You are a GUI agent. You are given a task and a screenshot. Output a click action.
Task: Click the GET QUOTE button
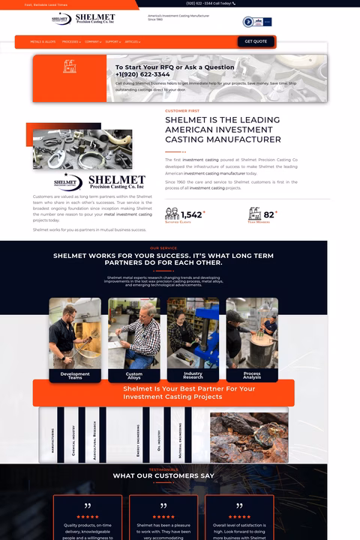(255, 41)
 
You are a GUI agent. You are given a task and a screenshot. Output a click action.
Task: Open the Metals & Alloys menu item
(43, 42)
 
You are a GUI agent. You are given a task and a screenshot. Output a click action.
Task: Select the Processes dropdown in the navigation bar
(71, 42)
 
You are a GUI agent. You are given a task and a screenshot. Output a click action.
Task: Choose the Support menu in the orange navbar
(112, 42)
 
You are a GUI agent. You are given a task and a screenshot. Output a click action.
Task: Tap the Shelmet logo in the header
(83, 19)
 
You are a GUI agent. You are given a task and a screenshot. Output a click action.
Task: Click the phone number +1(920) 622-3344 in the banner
(142, 74)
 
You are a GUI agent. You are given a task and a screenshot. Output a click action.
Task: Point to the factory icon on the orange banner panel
(70, 67)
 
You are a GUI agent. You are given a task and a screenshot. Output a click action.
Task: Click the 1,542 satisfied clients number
(191, 214)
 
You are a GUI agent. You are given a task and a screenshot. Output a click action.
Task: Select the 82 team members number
(268, 214)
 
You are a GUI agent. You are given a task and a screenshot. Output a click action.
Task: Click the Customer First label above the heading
(182, 111)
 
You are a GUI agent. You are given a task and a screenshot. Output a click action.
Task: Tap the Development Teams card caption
(75, 375)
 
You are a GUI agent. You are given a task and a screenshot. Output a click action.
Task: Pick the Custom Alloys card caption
(133, 375)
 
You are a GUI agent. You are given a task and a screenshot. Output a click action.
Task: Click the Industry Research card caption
(193, 375)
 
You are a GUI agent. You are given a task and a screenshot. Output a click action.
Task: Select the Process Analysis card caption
(252, 375)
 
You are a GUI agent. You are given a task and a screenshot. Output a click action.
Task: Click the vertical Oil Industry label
(159, 436)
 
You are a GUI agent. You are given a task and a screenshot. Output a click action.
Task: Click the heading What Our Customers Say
(163, 475)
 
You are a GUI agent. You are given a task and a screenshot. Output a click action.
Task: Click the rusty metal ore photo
(248, 436)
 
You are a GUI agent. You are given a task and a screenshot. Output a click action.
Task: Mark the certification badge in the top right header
(257, 22)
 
